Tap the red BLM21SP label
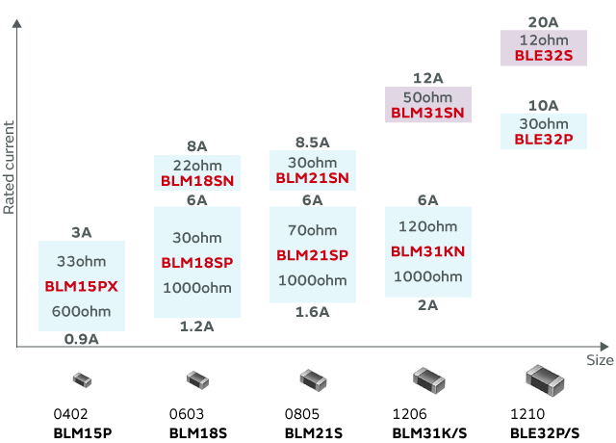(312, 255)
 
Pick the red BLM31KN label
(427, 251)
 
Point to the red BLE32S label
(543, 56)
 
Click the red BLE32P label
(543, 139)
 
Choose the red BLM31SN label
(427, 113)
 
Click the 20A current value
(543, 21)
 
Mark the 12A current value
(427, 78)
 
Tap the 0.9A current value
(82, 339)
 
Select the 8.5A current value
(313, 143)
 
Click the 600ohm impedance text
(82, 310)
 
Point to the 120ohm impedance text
(428, 227)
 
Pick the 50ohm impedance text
(427, 97)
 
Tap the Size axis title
(600, 359)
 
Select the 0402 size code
(69, 413)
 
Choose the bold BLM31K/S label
(428, 432)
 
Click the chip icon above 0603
(197, 379)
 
